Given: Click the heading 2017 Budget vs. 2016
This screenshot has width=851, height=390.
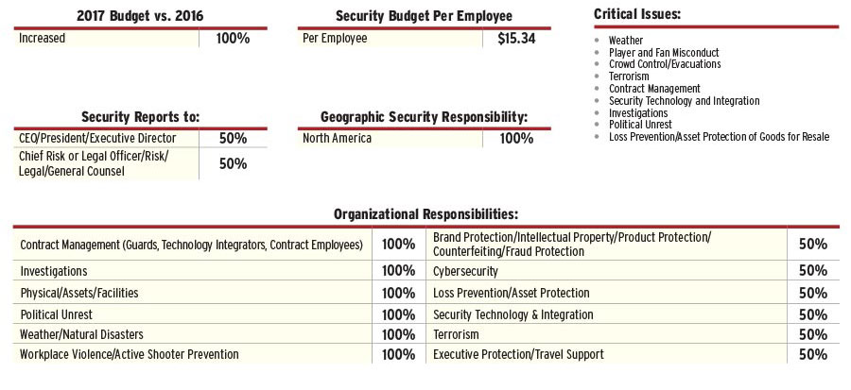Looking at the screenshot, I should click(x=140, y=16).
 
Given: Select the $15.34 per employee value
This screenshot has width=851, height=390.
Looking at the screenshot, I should click(x=515, y=39).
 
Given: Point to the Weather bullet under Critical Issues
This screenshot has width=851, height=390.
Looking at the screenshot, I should click(x=626, y=41).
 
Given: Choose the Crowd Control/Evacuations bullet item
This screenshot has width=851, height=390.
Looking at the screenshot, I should click(x=665, y=64).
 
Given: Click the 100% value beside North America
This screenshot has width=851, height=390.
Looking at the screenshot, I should click(x=515, y=138).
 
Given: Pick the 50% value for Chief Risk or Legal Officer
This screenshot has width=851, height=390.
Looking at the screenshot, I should click(x=233, y=163).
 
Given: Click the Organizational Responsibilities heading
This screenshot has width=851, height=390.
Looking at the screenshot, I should click(x=425, y=214).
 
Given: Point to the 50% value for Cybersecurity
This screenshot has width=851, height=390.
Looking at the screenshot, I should click(x=812, y=270).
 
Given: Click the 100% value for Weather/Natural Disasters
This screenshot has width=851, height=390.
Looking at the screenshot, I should click(x=398, y=334).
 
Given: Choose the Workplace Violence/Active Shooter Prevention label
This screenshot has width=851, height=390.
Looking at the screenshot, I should click(x=130, y=355).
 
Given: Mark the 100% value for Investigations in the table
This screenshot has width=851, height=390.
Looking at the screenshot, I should click(x=398, y=270).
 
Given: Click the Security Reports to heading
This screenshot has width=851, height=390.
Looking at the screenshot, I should click(x=140, y=116).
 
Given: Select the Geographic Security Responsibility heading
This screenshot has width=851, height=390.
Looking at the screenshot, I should click(x=424, y=116).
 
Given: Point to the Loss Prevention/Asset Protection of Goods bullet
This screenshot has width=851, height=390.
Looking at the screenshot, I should click(x=719, y=137).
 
